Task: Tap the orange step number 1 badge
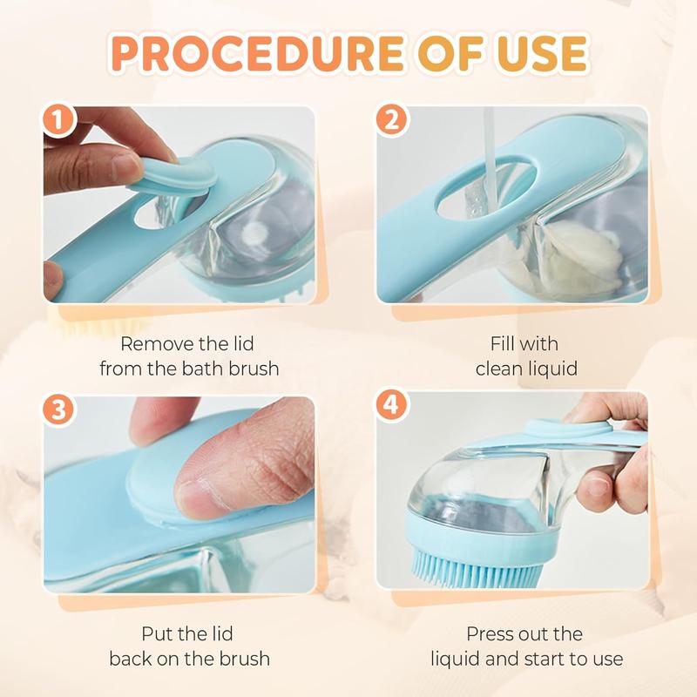click(59, 122)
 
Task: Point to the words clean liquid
click(526, 369)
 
